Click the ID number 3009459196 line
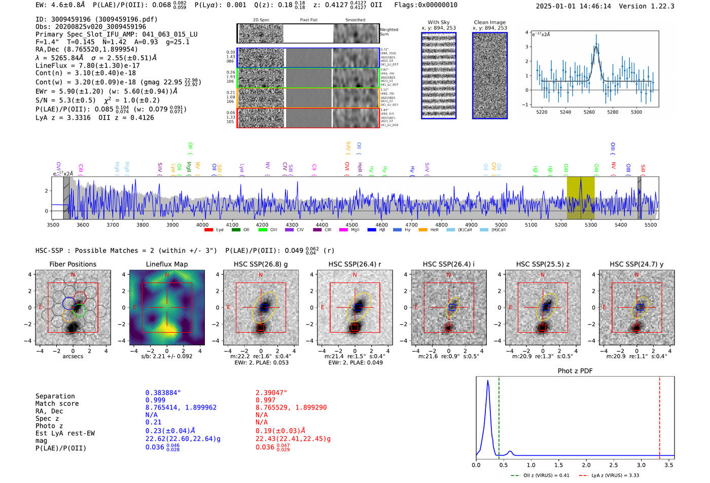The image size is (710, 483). (x=96, y=19)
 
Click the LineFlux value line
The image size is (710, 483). (x=87, y=65)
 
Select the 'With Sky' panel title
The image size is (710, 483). (x=438, y=22)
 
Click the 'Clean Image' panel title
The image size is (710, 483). (x=489, y=22)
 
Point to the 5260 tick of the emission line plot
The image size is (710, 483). (x=589, y=112)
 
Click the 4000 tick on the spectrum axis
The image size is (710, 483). (x=202, y=225)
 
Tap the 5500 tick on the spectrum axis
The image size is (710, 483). (x=651, y=225)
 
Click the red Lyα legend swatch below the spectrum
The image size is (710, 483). (x=208, y=230)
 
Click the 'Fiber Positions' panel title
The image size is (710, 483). (x=73, y=264)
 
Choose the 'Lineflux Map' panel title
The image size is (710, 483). (x=167, y=264)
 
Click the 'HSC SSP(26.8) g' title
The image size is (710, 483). (x=261, y=264)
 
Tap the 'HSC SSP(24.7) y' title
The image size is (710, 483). (x=636, y=264)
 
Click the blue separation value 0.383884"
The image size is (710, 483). (x=163, y=393)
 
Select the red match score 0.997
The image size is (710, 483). (x=265, y=400)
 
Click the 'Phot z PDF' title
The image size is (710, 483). (x=575, y=371)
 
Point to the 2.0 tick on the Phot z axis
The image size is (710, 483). (x=586, y=465)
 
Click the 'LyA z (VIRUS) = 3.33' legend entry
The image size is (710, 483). (x=615, y=475)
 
